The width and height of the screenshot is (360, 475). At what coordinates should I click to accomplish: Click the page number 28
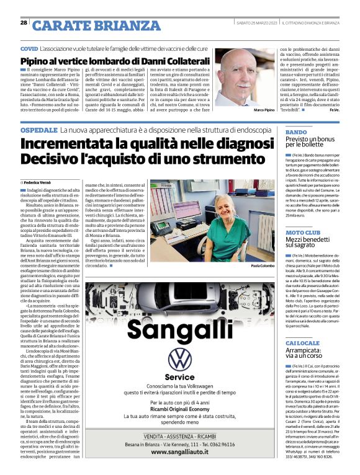tap(24, 23)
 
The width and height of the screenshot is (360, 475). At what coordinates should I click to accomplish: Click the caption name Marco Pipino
tap(247, 109)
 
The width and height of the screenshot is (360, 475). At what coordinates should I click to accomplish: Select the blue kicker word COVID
tap(29, 48)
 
